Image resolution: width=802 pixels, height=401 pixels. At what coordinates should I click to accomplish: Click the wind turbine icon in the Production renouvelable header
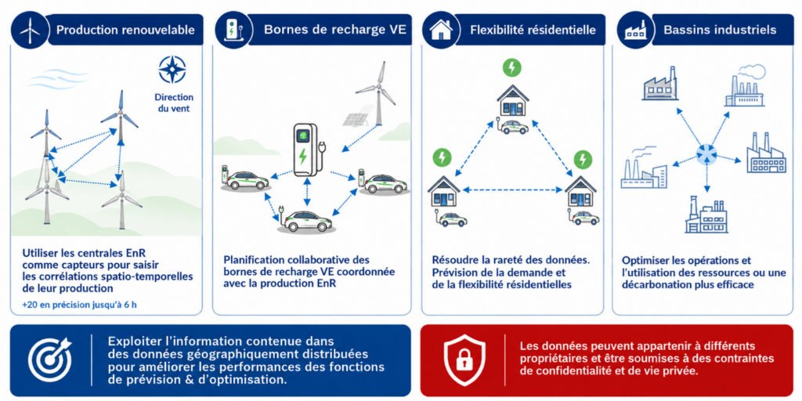[x=30, y=31]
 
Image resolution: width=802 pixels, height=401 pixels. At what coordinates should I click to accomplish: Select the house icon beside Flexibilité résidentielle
[x=440, y=30]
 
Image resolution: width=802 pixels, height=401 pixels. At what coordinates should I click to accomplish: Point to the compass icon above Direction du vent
[x=172, y=70]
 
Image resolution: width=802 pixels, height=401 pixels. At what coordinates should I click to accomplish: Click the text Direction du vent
[x=172, y=103]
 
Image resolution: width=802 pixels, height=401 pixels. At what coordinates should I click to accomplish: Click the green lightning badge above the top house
[x=512, y=67]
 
